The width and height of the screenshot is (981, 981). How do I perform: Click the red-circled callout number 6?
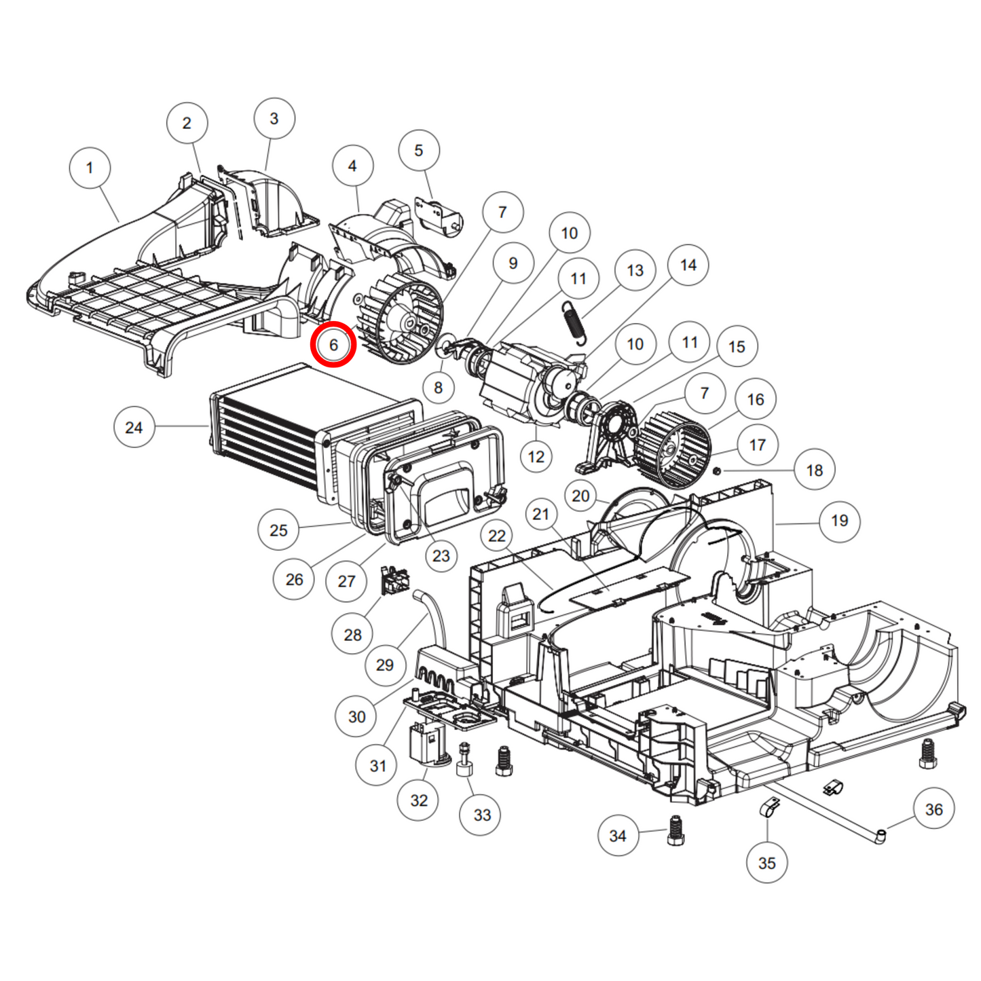coord(333,345)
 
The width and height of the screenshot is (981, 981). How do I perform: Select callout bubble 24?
coord(134,427)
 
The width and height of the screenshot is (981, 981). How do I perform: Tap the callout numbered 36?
coord(933,809)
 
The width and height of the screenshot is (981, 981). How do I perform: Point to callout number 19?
coord(839,521)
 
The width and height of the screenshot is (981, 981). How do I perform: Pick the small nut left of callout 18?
coord(717,470)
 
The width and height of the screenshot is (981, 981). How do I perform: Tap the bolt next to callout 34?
coord(675,831)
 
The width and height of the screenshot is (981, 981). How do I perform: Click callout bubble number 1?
coord(90,168)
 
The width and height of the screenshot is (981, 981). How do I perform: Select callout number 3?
coord(274,118)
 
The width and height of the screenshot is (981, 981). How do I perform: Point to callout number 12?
coord(536,456)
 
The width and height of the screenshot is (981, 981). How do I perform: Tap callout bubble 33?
coord(481,815)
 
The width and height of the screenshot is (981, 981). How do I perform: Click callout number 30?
coord(356,716)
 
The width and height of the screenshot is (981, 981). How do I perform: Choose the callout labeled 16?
coord(755,399)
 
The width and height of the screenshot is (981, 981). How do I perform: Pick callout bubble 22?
coord(497,536)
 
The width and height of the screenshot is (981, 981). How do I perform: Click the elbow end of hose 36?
coord(880,836)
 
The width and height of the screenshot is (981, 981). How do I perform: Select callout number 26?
coord(294,579)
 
